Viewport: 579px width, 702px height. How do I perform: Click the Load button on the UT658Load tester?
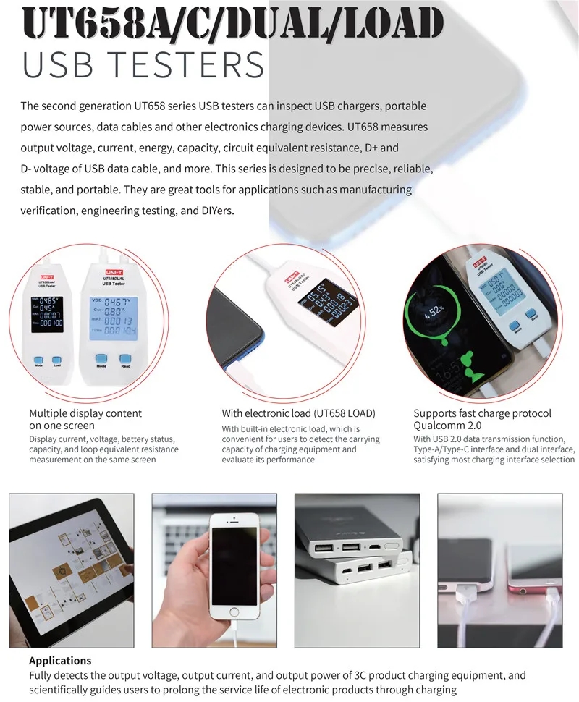[x=58, y=359]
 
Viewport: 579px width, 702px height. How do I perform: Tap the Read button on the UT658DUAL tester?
[x=126, y=359]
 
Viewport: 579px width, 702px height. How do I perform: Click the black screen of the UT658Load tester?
[x=46, y=315]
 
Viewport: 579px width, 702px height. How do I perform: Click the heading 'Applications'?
[x=60, y=660]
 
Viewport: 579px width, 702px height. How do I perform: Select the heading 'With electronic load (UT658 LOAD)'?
[x=298, y=413]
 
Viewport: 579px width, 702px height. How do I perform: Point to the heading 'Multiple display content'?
[x=85, y=413]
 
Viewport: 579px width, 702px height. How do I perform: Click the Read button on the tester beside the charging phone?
[x=534, y=316]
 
